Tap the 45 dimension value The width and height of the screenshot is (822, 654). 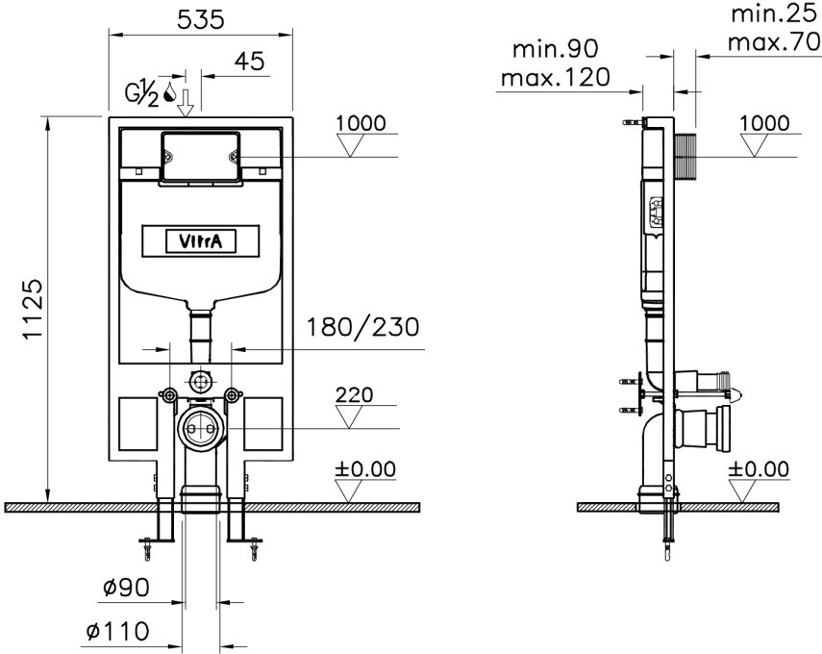(x=250, y=62)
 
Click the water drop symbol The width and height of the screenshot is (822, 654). (x=169, y=92)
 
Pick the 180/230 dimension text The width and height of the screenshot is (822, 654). (x=362, y=327)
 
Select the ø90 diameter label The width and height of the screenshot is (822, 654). (x=122, y=586)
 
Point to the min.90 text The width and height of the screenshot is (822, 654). (x=556, y=48)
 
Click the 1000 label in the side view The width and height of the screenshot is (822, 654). (x=765, y=123)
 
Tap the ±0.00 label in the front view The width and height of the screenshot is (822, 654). (x=364, y=469)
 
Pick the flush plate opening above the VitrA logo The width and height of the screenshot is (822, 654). (x=200, y=156)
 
